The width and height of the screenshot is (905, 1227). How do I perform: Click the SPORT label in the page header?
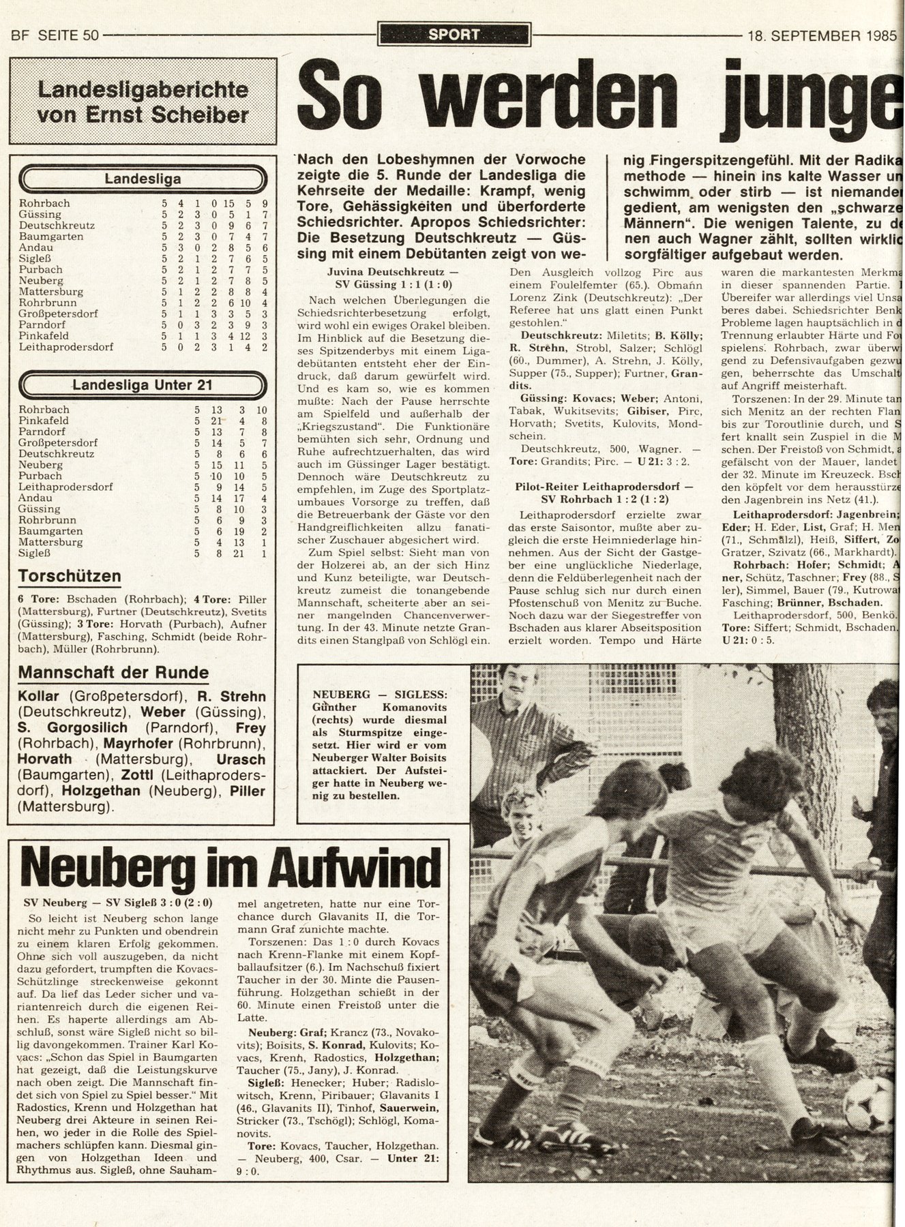(454, 34)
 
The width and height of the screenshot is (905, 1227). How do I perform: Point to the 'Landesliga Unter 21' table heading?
(143, 385)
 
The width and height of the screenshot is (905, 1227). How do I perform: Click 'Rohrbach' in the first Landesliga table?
(44, 203)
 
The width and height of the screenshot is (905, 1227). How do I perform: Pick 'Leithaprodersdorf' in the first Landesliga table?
(66, 347)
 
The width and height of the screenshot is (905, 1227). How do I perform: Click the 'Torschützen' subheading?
(70, 576)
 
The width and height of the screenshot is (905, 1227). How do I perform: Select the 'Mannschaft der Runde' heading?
(113, 673)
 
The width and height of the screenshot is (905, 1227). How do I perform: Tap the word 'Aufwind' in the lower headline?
(363, 866)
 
